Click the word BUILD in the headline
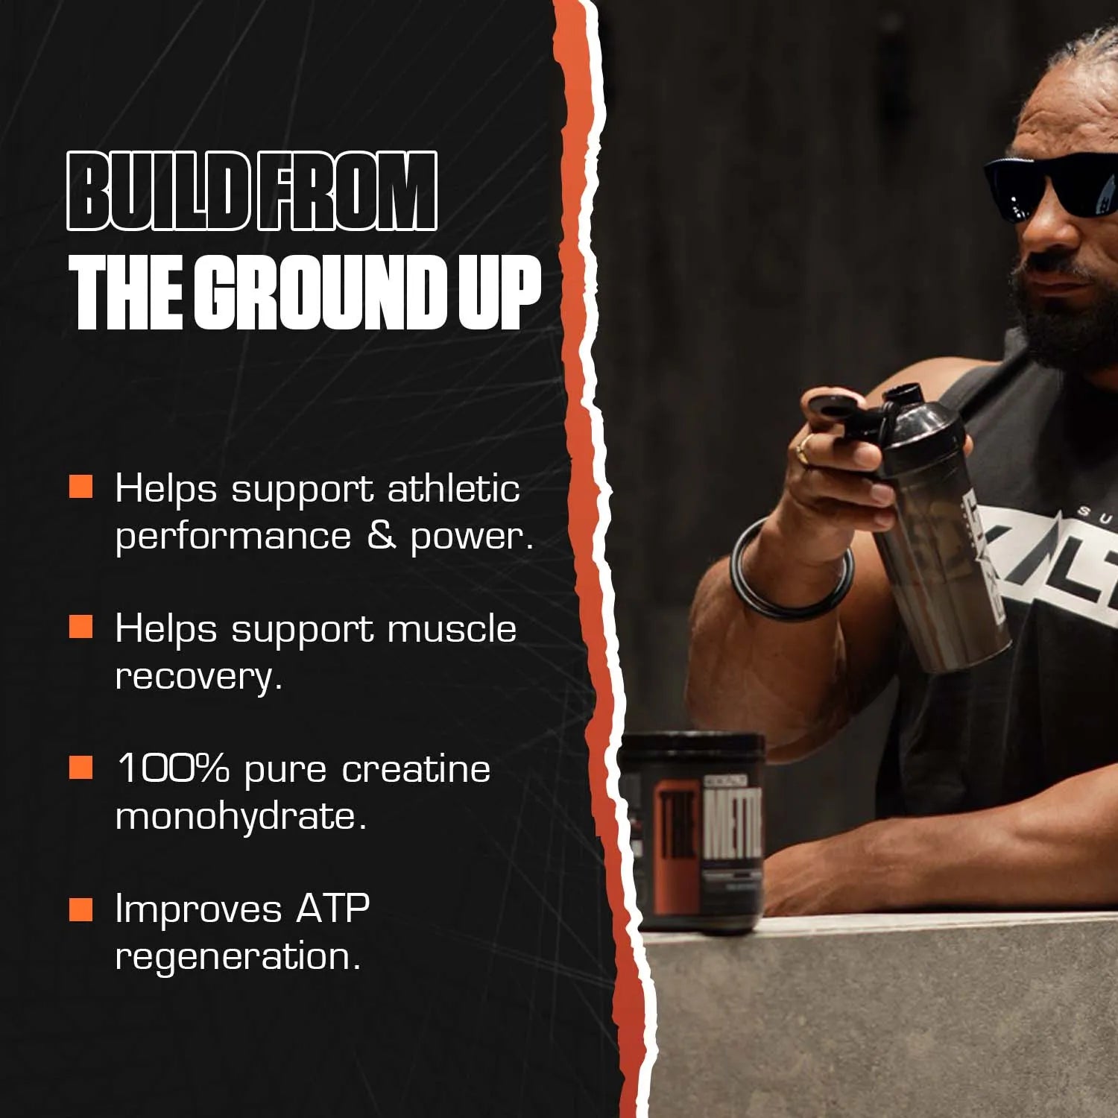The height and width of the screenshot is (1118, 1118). tap(158, 191)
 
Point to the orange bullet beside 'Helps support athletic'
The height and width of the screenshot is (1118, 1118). tap(80, 487)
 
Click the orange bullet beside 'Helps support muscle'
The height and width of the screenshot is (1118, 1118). tap(80, 627)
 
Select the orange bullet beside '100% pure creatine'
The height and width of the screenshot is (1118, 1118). tap(80, 767)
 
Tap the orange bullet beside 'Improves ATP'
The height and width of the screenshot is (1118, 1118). tap(80, 909)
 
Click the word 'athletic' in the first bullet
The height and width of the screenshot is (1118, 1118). tap(453, 489)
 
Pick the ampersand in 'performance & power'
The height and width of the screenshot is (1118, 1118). tap(381, 536)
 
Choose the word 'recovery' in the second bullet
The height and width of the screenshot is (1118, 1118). tap(198, 676)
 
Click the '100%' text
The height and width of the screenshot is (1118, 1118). tap(172, 768)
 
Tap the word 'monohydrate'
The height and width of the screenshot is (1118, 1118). tap(241, 815)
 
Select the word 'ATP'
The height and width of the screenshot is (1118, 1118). tap(332, 909)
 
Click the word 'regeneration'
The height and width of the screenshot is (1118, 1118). tap(238, 956)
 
